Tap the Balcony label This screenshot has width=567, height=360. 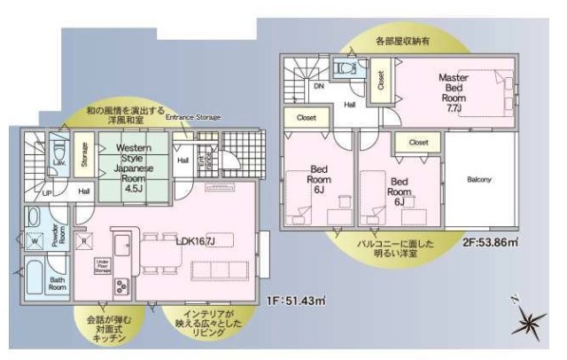click(x=479, y=180)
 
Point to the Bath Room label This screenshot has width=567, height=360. click(x=57, y=284)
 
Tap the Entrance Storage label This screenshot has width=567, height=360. click(x=192, y=117)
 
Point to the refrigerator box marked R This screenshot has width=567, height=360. click(x=83, y=239)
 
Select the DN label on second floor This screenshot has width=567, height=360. click(x=318, y=89)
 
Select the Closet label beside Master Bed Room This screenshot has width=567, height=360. click(x=380, y=82)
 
